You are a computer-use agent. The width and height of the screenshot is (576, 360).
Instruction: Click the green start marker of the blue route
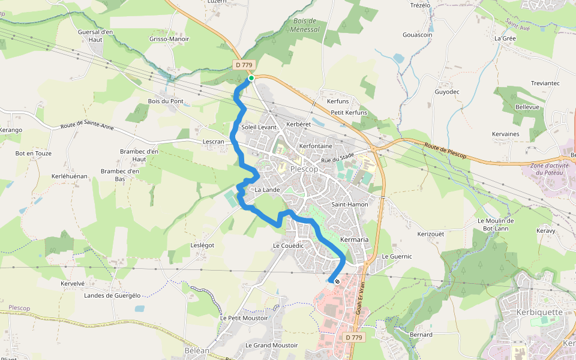[x=251, y=78]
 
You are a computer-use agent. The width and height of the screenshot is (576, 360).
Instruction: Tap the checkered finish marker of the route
[x=337, y=281]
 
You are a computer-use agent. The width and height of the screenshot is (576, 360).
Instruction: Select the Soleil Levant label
[x=259, y=127]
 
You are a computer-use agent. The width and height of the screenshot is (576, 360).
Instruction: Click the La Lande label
[x=267, y=190]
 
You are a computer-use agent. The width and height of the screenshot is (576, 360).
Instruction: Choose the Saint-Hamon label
[x=350, y=205]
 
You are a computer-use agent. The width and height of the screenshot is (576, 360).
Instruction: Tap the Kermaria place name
[x=354, y=239]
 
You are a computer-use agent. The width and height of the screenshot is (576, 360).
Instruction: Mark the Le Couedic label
[x=289, y=245]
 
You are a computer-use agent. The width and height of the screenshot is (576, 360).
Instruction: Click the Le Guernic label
[x=397, y=256]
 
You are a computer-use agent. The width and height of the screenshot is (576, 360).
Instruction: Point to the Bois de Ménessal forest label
[x=305, y=25]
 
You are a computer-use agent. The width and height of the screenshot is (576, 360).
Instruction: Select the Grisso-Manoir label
[x=169, y=39]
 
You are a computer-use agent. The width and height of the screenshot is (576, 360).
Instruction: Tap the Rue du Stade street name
[x=335, y=158]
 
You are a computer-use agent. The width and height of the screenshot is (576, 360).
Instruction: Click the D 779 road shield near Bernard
[x=355, y=338]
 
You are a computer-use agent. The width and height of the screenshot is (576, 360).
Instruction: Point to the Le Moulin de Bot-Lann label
[x=496, y=224]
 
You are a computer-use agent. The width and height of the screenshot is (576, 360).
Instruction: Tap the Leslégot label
[x=202, y=245]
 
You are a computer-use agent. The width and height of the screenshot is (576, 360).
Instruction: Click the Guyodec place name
[x=447, y=92]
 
